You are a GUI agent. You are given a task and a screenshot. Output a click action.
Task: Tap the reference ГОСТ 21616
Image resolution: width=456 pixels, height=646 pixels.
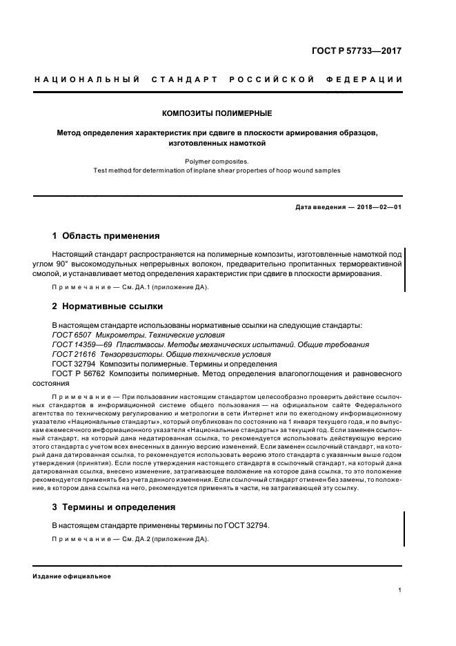pyautogui.click(x=73, y=353)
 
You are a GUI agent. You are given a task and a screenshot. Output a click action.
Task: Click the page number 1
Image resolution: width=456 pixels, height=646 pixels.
pyautogui.click(x=400, y=590)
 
